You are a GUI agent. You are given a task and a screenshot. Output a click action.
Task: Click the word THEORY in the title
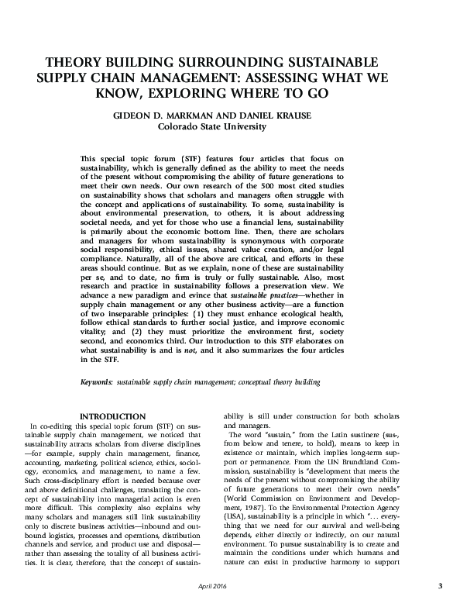[x=73, y=60]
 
